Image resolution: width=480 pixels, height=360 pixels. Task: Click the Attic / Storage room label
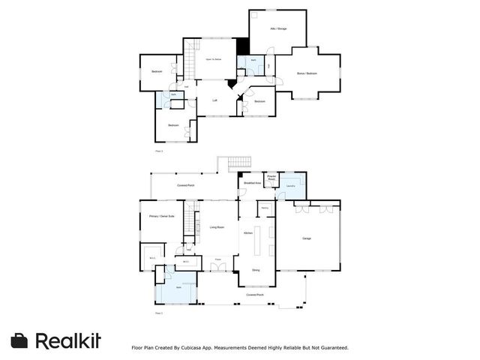[x=278, y=28]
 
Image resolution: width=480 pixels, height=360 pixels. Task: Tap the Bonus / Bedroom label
[x=307, y=73]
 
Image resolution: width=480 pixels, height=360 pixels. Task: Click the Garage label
[x=306, y=238]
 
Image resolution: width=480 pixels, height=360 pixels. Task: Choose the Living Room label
[x=217, y=226]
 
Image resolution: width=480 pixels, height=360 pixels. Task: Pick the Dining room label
[x=256, y=270]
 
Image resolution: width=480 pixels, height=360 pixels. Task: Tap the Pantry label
[x=264, y=210]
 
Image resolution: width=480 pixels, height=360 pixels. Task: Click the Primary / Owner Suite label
[x=161, y=216]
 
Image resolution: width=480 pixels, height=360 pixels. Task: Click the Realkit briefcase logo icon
[x=20, y=340]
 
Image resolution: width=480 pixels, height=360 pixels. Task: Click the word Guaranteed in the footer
[x=331, y=347]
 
